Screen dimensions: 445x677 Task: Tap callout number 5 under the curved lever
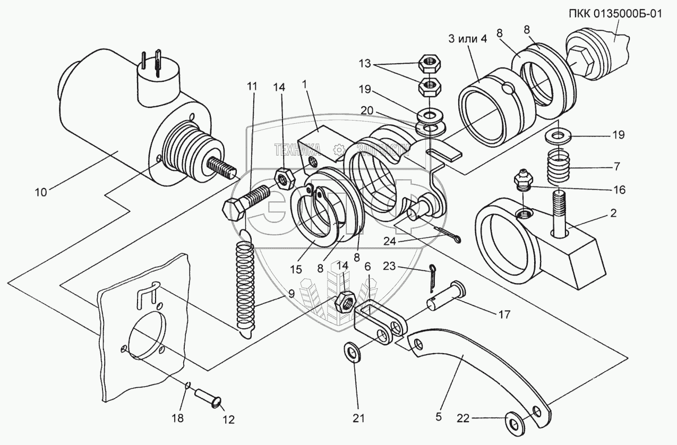439,417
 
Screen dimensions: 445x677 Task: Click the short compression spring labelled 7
558,167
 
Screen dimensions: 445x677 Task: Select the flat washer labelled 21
351,350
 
